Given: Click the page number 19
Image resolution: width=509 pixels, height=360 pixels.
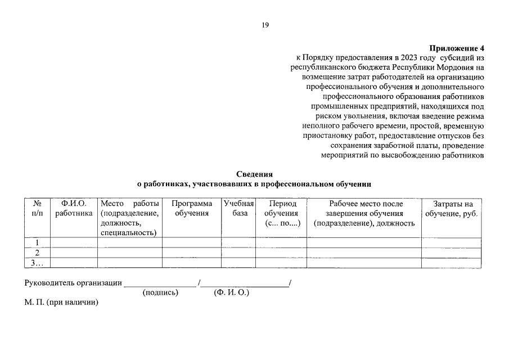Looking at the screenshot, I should pos(265,25).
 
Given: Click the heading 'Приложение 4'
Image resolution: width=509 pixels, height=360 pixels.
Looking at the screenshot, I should pos(456,48).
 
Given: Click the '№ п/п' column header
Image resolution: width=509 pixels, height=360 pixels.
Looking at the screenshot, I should pos(38,209).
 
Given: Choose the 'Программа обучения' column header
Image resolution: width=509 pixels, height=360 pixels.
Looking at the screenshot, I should pos(191,209).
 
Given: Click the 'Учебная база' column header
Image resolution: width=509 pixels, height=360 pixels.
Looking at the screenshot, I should pos(238,209).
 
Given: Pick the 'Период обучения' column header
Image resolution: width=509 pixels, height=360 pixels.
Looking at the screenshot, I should pos(281,213).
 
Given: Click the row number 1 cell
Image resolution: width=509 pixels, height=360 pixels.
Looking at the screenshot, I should pos(38,243).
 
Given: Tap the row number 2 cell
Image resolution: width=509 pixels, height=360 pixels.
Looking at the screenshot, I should pos(38,253).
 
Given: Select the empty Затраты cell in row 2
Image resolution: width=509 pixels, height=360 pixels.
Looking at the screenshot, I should pos(451,253).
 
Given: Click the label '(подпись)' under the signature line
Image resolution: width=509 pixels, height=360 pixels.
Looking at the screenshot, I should pos(160,293).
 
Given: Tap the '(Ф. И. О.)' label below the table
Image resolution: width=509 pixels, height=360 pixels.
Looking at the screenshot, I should pos(231,293).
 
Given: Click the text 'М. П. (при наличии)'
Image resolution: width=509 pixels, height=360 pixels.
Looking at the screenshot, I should pos(61,303).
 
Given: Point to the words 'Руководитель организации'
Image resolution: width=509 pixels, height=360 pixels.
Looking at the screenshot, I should pos(73,283).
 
